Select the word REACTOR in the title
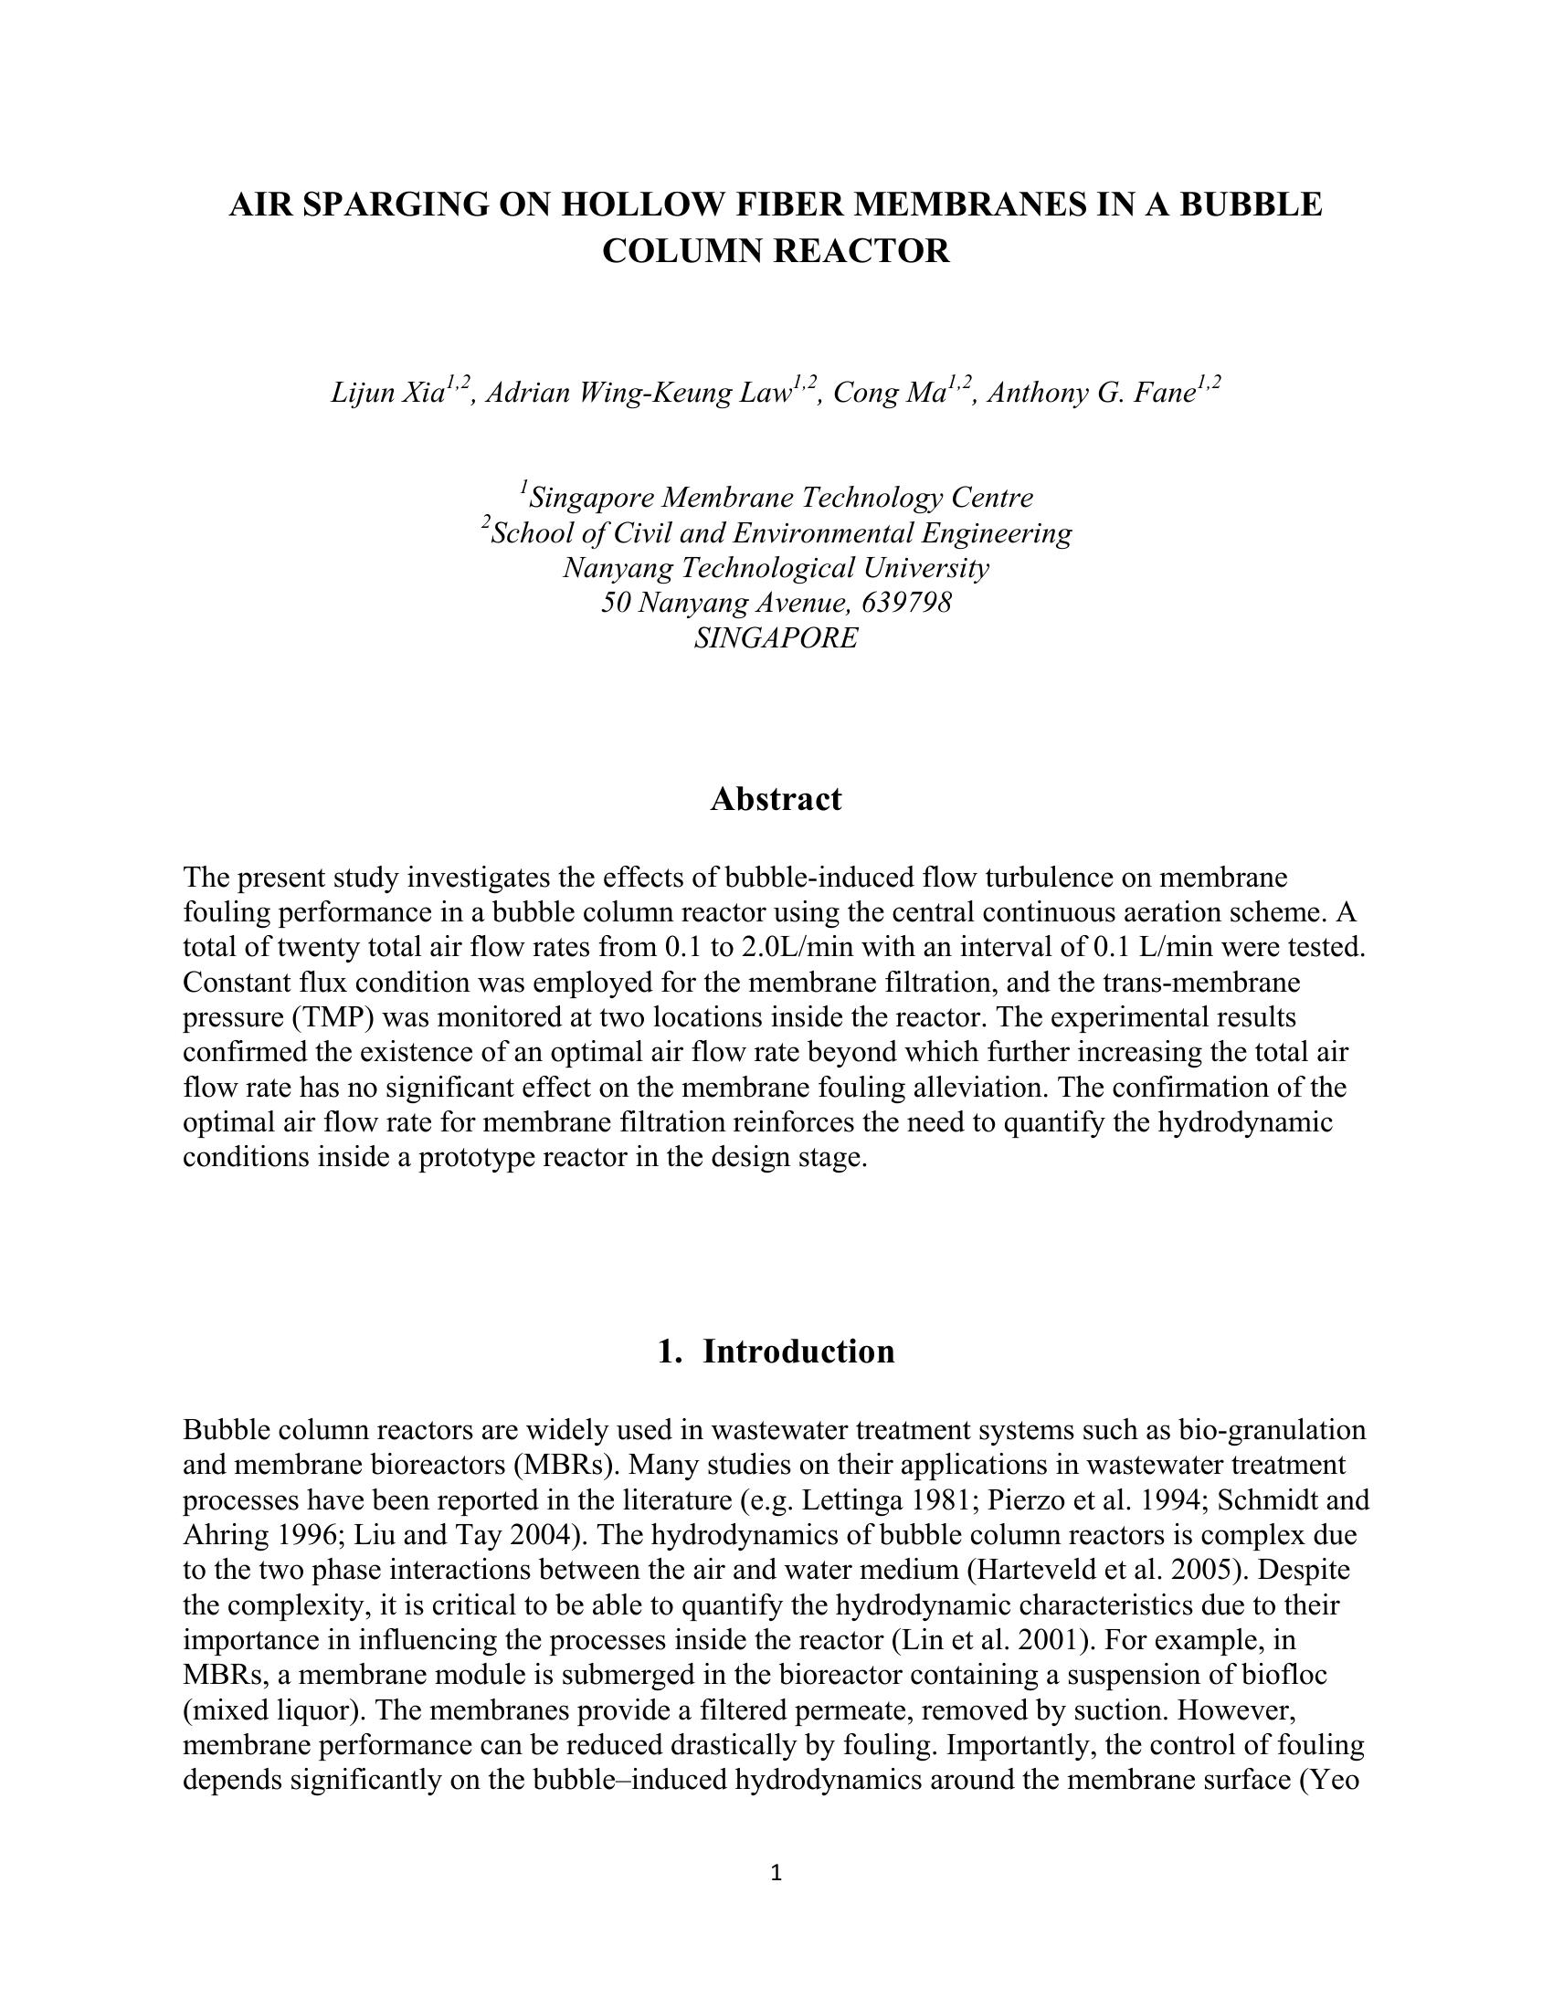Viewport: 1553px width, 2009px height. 872,251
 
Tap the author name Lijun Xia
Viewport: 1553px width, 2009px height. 388,394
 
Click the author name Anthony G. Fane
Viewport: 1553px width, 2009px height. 1090,394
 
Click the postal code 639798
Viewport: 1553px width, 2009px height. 905,603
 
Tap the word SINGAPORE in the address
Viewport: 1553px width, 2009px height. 776,637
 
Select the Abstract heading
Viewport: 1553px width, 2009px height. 776,798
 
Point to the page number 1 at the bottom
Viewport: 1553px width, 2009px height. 776,1872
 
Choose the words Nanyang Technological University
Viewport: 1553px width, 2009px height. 776,568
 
